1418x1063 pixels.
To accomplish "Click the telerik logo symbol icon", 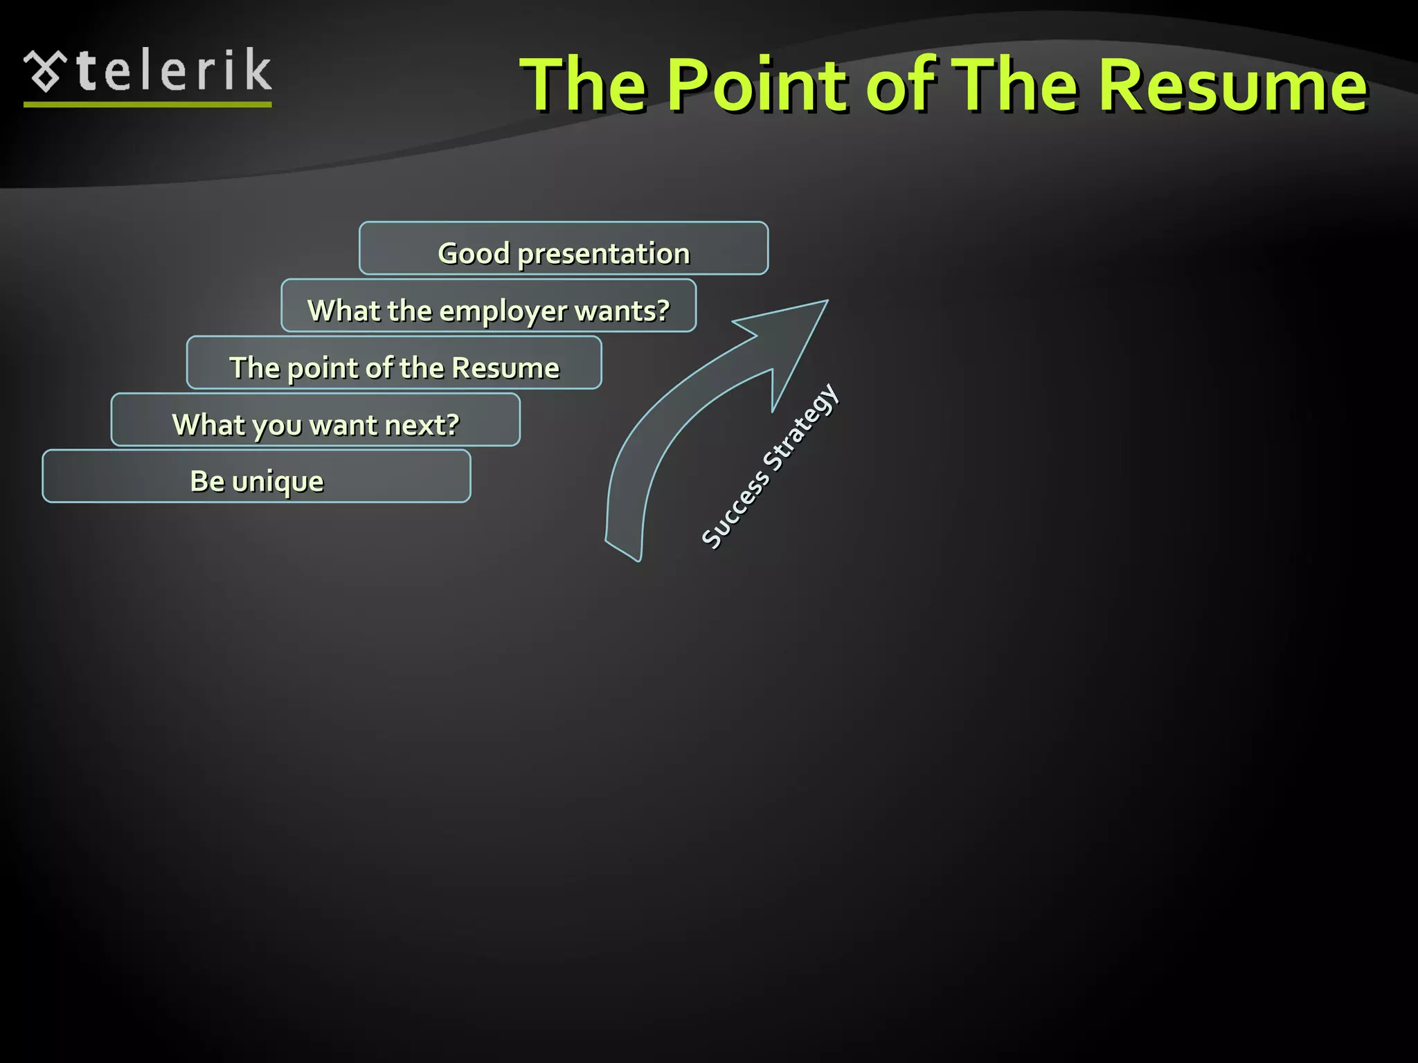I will [x=46, y=71].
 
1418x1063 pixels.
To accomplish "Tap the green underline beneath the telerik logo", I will [x=147, y=105].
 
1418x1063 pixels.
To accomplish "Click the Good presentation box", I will [x=563, y=248].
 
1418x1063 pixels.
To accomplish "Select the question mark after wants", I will [x=663, y=309].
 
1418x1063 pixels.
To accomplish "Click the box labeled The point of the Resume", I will [x=394, y=363].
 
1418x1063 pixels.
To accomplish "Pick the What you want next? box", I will [x=315, y=420].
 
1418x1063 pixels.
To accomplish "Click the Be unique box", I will [x=256, y=476].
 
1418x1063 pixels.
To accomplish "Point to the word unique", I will [x=278, y=482].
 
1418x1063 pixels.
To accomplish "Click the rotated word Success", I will [x=735, y=509].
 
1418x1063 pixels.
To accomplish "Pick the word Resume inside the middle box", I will [x=505, y=367].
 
